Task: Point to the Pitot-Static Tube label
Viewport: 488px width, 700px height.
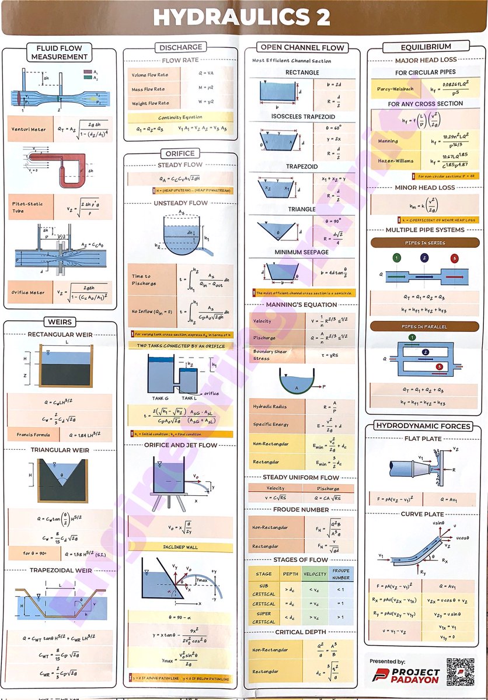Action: coord(26,207)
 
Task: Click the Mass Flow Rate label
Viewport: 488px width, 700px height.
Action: coord(148,89)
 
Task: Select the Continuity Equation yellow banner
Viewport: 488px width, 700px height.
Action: coord(180,117)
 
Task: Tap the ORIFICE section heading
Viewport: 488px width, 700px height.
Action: coord(180,153)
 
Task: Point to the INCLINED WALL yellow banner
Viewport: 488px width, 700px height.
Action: coord(180,547)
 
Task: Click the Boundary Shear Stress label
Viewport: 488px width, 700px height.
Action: coord(270,355)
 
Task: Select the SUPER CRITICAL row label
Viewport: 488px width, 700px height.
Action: coord(264,617)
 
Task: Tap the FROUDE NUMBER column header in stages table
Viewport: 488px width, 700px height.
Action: coord(341,574)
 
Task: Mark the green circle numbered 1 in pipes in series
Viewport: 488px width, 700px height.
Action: coord(397,258)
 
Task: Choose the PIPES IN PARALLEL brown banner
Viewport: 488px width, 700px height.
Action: coord(425,325)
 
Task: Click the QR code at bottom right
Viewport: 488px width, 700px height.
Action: coord(459,672)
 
